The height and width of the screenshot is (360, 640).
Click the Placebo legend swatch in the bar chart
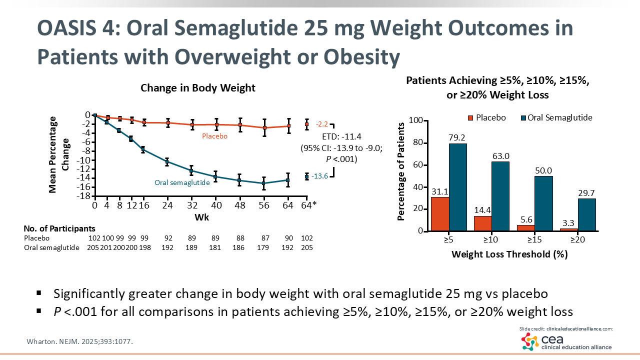click(470, 118)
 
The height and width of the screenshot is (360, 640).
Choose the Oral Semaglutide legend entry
click(556, 118)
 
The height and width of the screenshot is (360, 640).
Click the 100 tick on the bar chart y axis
click(416, 121)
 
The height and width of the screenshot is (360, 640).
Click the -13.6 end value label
click(319, 176)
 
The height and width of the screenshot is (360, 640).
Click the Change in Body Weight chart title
click(198, 88)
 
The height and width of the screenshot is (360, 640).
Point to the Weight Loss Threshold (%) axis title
click(509, 254)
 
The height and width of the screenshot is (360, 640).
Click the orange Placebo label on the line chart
click(214, 136)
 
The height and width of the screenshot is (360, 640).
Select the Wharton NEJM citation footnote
click(79, 341)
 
